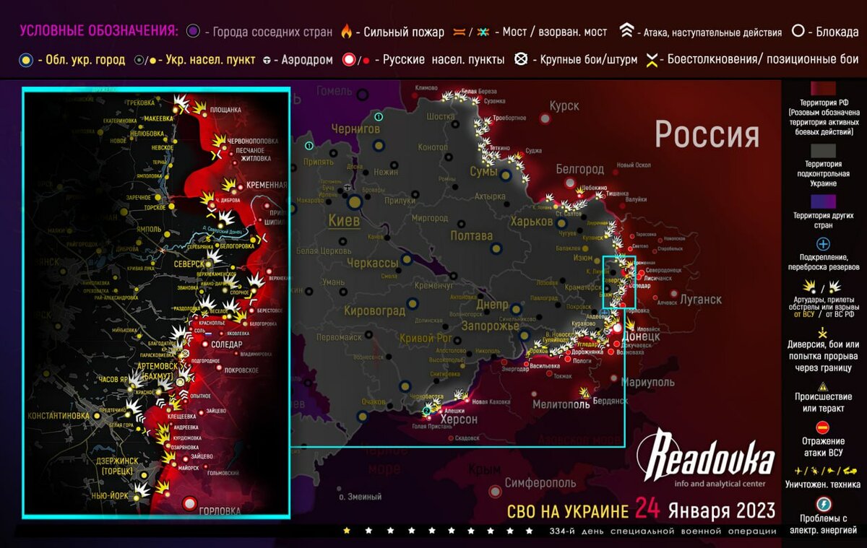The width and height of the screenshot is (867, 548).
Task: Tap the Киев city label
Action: [344, 220]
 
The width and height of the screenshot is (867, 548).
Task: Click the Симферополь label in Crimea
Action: [540, 483]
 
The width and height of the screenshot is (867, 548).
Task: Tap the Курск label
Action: [564, 106]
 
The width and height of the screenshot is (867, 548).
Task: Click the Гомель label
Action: [334, 91]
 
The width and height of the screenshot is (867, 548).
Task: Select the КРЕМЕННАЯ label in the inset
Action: [267, 186]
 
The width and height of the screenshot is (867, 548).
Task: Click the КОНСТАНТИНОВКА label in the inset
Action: [59, 417]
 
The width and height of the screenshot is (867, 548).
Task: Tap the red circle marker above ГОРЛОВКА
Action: [190, 502]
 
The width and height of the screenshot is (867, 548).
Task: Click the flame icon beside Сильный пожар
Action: [346, 32]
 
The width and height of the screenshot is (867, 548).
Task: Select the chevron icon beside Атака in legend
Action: [626, 32]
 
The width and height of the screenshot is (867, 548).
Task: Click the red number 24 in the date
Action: [648, 510]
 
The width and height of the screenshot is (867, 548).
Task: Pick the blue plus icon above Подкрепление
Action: [822, 244]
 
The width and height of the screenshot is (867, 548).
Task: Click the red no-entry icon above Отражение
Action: [822, 428]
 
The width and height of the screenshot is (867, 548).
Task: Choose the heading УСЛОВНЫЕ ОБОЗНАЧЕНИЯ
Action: [99, 32]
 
